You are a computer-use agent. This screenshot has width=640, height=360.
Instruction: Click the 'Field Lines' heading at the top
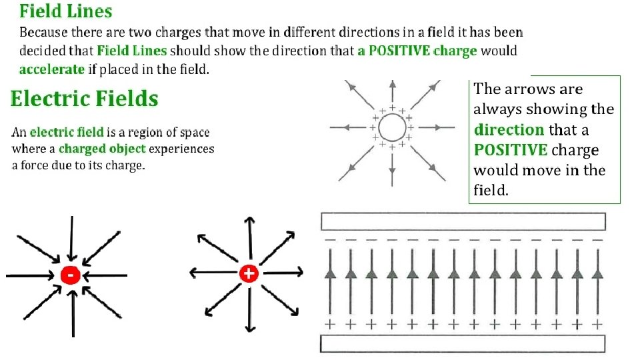pos(65,11)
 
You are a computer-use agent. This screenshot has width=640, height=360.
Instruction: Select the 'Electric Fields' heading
pos(85,99)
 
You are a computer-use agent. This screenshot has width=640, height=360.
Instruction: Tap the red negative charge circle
pos(70,275)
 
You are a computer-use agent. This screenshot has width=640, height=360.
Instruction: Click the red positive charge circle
pos(249,273)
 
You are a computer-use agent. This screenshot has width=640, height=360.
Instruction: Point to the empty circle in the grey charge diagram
pos(391,127)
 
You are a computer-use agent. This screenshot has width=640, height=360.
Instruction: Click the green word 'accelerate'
pos(52,69)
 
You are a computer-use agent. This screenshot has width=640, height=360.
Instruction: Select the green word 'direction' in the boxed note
pos(509,129)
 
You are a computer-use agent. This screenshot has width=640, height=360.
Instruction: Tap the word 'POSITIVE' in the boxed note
pos(511,150)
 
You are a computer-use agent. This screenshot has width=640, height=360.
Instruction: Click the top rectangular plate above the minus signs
pos(463,221)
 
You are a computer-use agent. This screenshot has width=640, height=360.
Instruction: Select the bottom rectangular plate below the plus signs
pos(463,343)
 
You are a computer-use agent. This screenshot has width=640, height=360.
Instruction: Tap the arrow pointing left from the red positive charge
pos(212,273)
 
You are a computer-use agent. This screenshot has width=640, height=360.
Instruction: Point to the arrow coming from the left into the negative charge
pos(30,275)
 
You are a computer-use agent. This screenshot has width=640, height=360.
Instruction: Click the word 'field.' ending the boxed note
pos(491,191)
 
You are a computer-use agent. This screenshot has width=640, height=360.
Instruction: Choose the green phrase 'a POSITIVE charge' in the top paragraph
pos(417,51)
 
